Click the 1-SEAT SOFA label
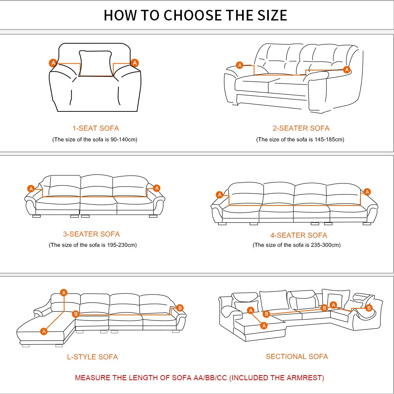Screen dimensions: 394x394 pos(96,128)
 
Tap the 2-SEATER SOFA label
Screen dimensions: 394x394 pos(301,128)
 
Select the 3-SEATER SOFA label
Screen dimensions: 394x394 pos(91,234)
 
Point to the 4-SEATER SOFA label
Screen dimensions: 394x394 pos(299,235)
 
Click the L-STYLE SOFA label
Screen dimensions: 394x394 pos(92,357)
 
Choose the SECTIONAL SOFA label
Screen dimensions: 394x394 pos(297,356)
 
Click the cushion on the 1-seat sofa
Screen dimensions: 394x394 pos(96,63)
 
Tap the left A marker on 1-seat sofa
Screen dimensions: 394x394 pos(53,63)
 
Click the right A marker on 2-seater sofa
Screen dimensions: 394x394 pos(347,69)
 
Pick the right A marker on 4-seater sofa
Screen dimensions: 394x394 pos(367,192)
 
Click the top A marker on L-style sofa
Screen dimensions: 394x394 pos(64,292)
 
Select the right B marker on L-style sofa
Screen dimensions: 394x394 pos(180,308)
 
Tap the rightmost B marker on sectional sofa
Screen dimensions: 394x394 pos(369,308)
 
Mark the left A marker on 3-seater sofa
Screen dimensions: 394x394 pos(31,189)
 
